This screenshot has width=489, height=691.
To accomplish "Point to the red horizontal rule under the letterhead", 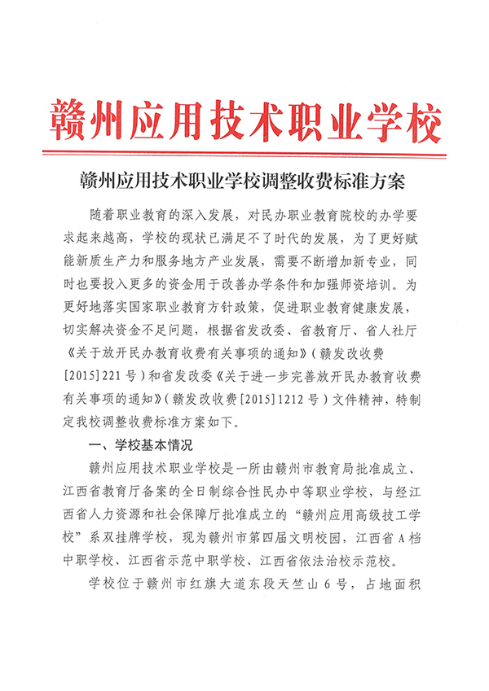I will point(244,151).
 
